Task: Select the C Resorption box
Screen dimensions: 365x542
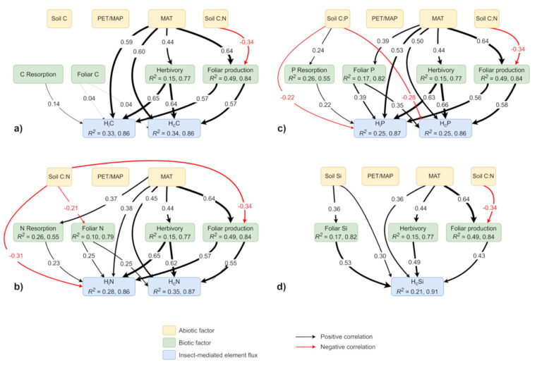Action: pos(36,74)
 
